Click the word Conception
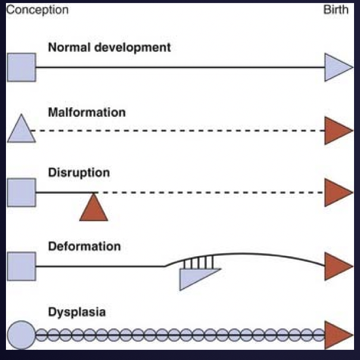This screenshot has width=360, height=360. click(x=36, y=10)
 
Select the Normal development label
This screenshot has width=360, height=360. click(x=110, y=47)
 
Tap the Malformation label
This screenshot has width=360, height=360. click(x=88, y=112)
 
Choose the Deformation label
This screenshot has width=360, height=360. click(x=85, y=246)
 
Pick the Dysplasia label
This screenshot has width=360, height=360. click(x=77, y=311)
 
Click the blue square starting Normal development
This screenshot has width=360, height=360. click(x=21, y=67)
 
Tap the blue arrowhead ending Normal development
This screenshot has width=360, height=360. click(x=337, y=67)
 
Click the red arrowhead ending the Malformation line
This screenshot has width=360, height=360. click(x=337, y=131)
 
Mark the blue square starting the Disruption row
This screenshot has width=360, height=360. click(x=21, y=192)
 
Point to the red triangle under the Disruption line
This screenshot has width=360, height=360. click(x=94, y=210)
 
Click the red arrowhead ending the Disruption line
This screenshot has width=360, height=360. click(x=337, y=193)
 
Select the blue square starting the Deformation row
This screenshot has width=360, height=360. click(x=21, y=266)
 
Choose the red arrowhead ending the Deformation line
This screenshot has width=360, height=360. click(x=337, y=266)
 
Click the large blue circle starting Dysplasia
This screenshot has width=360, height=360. click(x=21, y=334)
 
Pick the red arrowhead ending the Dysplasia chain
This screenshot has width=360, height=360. click(x=337, y=334)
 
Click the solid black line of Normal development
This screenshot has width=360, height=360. click(x=179, y=67)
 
